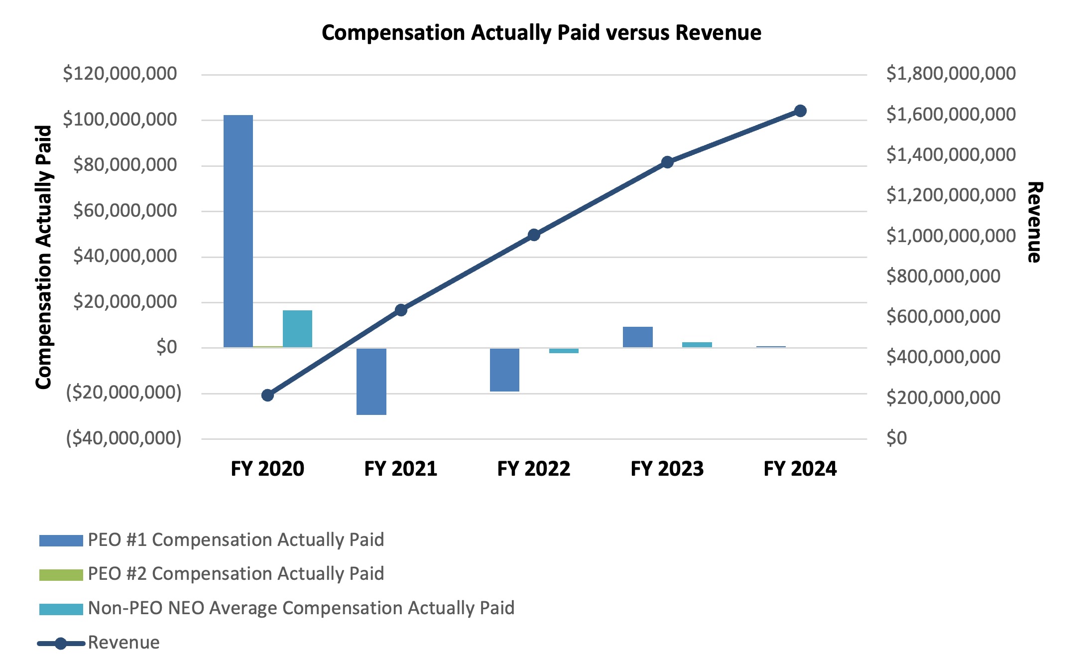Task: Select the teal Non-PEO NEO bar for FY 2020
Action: coord(297,329)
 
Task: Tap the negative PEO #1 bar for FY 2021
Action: coord(371,382)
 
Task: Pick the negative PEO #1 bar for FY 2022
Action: coord(504,370)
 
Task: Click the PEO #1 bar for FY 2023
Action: coord(637,337)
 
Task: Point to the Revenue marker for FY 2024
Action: coord(800,111)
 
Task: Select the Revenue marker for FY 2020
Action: coord(267,396)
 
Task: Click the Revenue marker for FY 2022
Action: coord(534,235)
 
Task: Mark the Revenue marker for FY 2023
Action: coord(667,162)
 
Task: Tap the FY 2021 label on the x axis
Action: coord(400,469)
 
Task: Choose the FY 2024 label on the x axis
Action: coord(800,469)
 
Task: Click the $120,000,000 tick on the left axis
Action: coord(120,74)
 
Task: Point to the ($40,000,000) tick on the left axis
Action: coord(123,438)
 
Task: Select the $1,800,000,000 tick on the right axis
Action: coord(951,74)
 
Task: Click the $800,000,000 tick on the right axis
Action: coord(943,276)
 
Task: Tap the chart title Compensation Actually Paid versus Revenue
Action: coord(541,33)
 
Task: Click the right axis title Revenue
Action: coord(1034,222)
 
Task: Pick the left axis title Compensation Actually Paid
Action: coord(44,257)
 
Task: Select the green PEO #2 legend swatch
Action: coord(61,575)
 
